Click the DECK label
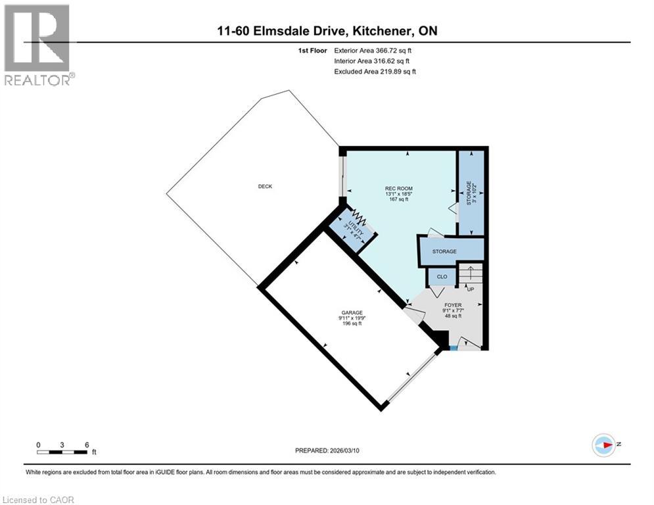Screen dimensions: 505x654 [265, 186]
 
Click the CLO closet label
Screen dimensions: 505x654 [442, 277]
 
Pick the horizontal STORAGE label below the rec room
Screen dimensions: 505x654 [444, 251]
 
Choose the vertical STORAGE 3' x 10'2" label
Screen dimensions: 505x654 [471, 193]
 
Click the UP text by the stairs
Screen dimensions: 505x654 [470, 289]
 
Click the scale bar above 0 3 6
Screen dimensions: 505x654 [62, 452]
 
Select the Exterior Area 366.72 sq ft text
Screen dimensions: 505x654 [375, 50]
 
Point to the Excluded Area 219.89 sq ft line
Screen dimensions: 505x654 [375, 71]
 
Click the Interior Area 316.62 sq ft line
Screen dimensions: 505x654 [375, 60]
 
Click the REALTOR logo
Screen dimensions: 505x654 [38, 45]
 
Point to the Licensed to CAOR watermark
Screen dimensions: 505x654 [38, 500]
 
